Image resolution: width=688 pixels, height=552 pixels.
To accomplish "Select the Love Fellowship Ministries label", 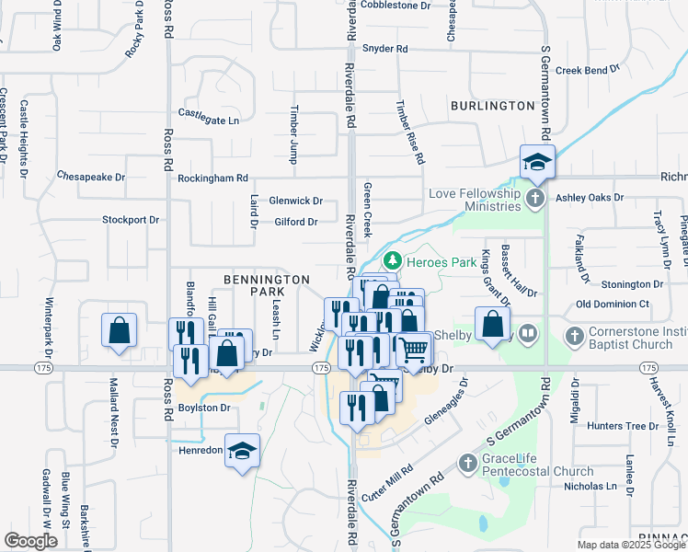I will (474, 200).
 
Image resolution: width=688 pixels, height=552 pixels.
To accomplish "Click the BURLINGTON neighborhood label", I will (492, 106).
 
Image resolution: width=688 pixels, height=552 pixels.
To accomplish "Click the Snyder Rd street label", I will (384, 48).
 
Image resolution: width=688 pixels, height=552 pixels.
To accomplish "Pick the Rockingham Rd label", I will (212, 178).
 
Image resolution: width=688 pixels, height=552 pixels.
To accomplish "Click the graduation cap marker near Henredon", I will (243, 451).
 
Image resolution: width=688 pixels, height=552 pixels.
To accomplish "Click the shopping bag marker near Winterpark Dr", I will (120, 330).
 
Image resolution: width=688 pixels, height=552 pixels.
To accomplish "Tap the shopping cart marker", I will (415, 348).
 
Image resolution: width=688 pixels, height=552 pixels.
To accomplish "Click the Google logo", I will (30, 541).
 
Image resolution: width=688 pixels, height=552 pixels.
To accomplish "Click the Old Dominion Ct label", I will (613, 304).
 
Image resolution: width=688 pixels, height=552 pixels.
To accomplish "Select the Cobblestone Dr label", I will (396, 5).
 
